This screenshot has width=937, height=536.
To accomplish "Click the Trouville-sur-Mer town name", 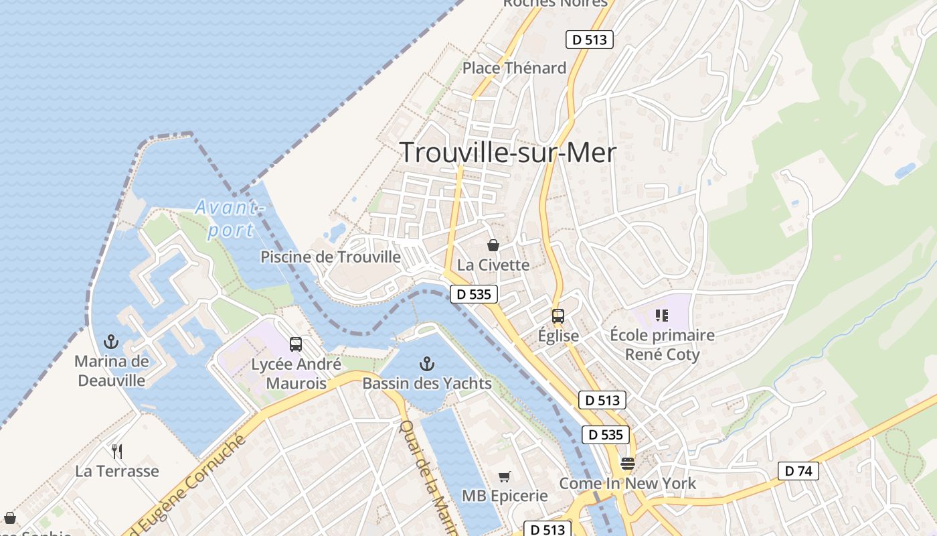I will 507,153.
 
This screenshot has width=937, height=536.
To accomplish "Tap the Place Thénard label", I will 514,68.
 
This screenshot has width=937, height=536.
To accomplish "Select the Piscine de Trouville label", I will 331,257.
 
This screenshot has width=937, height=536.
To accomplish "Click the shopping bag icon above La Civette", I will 493,245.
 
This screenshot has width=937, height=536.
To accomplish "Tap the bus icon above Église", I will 558,316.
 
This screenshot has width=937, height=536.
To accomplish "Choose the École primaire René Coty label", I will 662,344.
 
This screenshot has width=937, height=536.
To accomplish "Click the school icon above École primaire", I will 662,315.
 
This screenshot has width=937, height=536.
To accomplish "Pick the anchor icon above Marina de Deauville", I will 111,342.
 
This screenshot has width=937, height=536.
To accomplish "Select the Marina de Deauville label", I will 111,371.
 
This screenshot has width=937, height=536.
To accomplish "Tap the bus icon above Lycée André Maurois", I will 296,344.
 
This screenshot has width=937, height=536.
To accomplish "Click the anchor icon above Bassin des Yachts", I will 426,364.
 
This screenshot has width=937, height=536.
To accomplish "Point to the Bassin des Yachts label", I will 426,384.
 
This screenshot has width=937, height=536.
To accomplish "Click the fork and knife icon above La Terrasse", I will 117,451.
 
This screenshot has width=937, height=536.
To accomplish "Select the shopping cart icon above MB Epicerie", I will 504,476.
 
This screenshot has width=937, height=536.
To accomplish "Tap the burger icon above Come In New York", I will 627,463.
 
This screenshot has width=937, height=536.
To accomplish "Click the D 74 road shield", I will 798,471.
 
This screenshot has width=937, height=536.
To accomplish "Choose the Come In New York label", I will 627,483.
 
